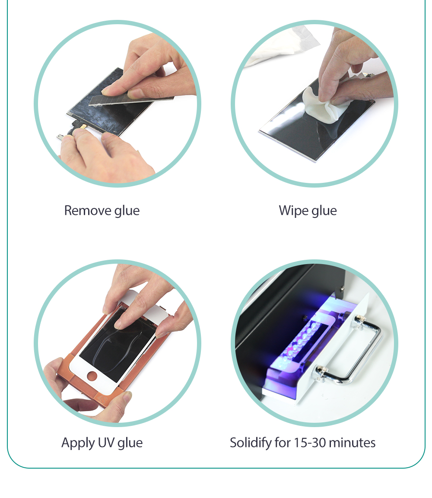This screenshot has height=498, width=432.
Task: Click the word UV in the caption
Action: [x=106, y=442]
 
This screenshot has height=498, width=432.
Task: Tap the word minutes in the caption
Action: [x=352, y=442]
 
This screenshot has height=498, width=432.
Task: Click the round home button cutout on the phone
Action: [x=92, y=376]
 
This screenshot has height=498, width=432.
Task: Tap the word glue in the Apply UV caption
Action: [x=130, y=444]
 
